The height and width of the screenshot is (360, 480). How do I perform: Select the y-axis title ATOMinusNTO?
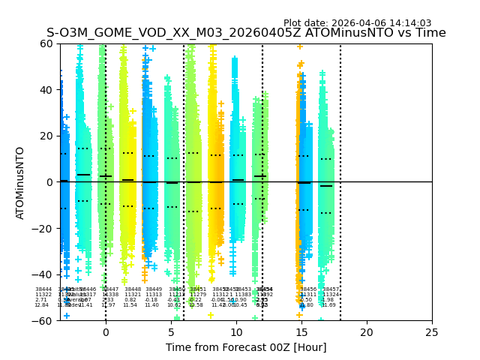(20, 182)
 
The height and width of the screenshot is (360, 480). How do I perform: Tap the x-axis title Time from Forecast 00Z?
(246, 347)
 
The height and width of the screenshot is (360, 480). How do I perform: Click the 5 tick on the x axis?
(171, 332)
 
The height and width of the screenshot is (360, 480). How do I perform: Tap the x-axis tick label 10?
(236, 332)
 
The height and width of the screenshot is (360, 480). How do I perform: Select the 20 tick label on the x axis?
(367, 332)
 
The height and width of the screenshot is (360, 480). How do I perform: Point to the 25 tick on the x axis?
(432, 332)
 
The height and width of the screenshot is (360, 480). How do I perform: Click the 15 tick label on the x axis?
(301, 332)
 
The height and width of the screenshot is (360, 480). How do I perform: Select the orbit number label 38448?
(133, 289)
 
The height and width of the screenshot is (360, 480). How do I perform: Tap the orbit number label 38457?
(331, 289)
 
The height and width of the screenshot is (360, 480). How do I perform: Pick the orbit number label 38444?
(43, 289)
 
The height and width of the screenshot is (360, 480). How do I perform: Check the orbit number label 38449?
(154, 289)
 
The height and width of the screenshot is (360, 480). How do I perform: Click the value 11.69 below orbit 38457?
(328, 305)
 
